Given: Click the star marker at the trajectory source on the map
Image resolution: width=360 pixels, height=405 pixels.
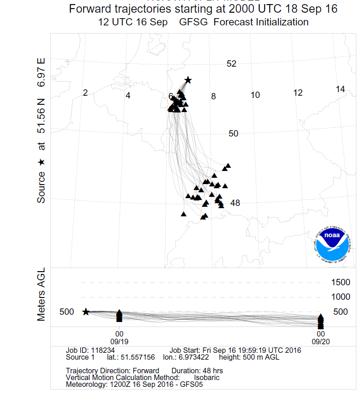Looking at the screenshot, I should click(188, 80).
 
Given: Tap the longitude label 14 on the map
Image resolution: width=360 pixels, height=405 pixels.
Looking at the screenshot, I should click(340, 89).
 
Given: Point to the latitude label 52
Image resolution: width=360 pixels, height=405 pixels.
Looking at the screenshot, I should click(232, 64).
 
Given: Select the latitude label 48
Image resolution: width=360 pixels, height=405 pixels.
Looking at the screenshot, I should click(235, 203).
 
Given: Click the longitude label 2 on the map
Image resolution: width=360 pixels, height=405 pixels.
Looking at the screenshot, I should click(85, 93).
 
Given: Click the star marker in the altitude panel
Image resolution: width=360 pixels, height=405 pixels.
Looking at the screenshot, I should click(86, 312).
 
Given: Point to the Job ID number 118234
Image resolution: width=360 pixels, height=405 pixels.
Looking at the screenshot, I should click(103, 351).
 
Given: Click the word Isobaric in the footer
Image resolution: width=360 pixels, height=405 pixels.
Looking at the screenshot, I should click(207, 377).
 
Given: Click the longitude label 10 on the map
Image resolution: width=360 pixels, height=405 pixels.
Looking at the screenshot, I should click(255, 95).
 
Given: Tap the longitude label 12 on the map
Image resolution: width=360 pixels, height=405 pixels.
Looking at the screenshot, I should click(298, 93).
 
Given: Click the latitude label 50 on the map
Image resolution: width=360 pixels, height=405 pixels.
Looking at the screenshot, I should click(233, 133).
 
